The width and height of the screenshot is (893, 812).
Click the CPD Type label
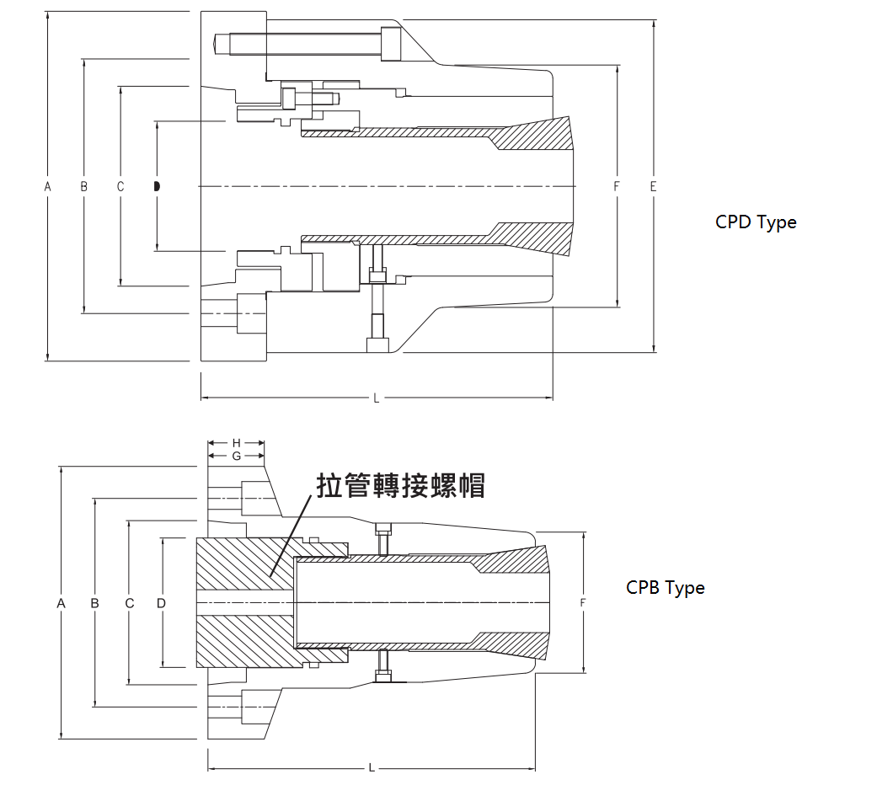(756, 222)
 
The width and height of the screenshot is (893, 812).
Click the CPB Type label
(665, 588)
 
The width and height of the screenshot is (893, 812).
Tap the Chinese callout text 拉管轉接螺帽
(401, 485)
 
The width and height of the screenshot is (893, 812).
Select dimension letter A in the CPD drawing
(48, 186)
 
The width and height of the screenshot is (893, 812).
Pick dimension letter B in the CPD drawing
(83, 186)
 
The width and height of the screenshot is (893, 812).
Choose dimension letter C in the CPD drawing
(120, 186)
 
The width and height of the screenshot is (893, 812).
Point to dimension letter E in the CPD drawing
(654, 186)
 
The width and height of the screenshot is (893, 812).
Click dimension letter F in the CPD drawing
(617, 186)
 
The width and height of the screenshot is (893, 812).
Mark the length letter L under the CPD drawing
(376, 398)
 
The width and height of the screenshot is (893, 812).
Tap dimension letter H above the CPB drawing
(237, 442)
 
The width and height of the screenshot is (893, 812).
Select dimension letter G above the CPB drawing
(237, 455)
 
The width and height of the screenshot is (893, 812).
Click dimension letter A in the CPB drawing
(61, 603)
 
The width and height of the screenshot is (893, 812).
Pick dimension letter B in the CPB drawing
(95, 603)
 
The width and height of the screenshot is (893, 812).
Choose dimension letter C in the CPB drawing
(129, 603)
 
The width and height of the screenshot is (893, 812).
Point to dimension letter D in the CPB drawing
(161, 603)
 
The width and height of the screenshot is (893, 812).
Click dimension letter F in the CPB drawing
(583, 603)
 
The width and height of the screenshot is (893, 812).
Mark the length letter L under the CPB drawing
(371, 768)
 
